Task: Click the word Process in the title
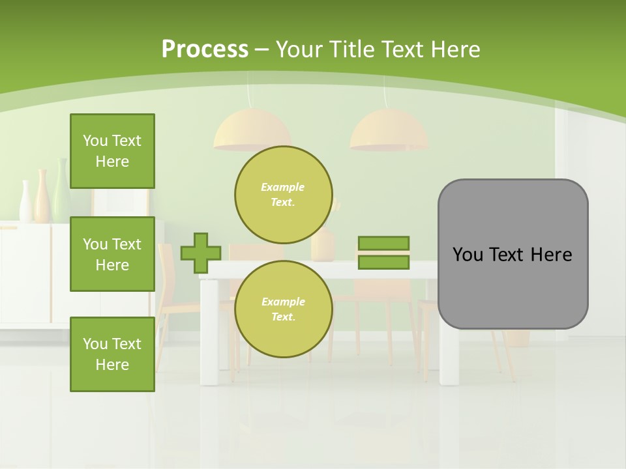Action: pyautogui.click(x=205, y=49)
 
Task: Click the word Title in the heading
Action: pyautogui.click(x=353, y=49)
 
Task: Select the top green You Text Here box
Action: pyautogui.click(x=112, y=151)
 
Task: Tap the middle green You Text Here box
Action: pyautogui.click(x=112, y=254)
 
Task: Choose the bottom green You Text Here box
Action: pyautogui.click(x=112, y=354)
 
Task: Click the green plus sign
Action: pyautogui.click(x=201, y=253)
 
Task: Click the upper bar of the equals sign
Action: pyautogui.click(x=383, y=244)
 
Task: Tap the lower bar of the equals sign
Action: pyautogui.click(x=383, y=263)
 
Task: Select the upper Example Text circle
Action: pyautogui.click(x=283, y=194)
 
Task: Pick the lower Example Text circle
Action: pyautogui.click(x=283, y=309)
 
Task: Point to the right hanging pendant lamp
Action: pyautogui.click(x=389, y=130)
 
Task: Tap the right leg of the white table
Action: pyautogui.click(x=448, y=352)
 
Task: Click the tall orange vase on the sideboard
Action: pyautogui.click(x=42, y=195)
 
